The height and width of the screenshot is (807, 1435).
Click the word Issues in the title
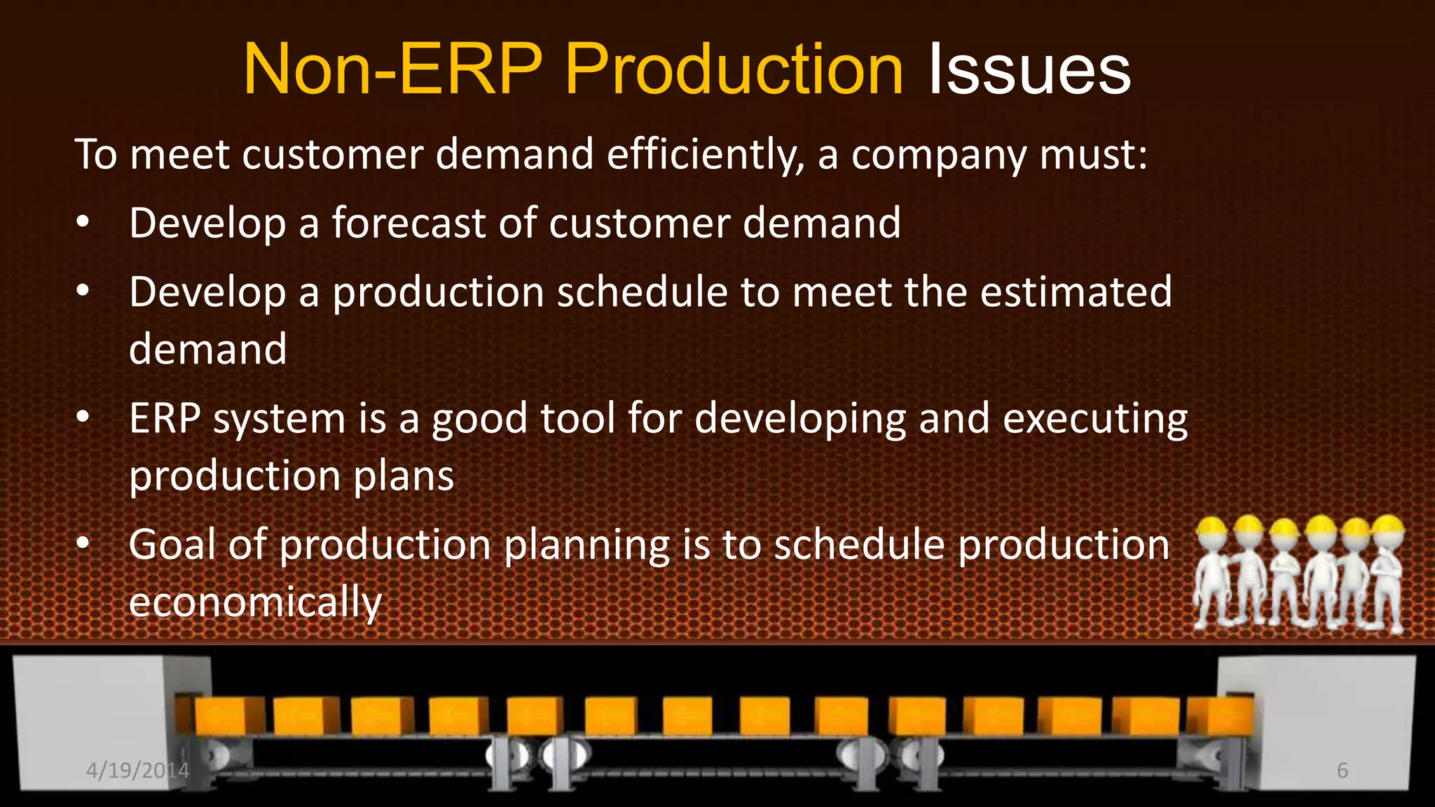(1029, 70)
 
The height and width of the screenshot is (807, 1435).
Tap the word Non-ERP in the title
(392, 70)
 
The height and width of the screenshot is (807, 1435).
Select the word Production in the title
(734, 70)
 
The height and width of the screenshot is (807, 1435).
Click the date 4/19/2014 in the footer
(137, 771)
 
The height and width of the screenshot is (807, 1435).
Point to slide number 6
(1342, 771)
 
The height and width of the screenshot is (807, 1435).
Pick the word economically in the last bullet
(255, 602)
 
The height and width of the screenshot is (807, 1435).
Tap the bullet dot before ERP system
(83, 418)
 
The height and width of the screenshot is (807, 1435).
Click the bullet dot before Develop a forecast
(83, 223)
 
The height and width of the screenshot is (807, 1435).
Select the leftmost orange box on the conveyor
(219, 716)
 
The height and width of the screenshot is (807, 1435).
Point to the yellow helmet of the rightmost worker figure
(1388, 525)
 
